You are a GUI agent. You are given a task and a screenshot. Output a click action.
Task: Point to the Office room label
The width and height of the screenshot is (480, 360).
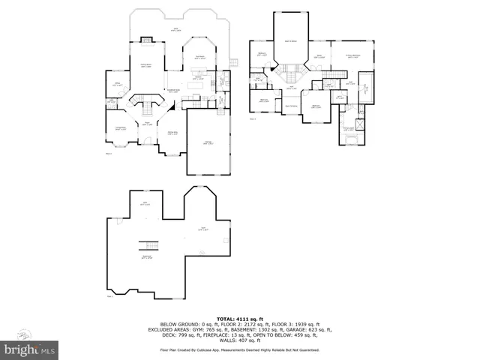(116, 84)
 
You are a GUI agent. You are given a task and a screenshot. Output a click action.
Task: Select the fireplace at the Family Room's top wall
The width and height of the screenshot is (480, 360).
(147, 39)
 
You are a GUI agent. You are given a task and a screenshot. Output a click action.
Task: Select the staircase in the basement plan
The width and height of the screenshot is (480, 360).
(151, 246)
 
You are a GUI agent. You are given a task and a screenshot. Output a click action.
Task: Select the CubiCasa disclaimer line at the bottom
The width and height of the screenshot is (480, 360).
(239, 350)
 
